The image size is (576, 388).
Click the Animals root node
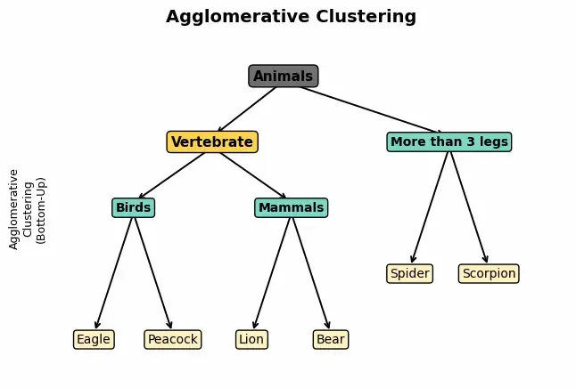pos(283,77)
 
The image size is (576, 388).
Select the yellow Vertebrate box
pos(212,142)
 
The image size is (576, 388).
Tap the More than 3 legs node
pos(449,142)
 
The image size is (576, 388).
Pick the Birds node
pos(134,208)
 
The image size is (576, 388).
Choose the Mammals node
pos(291,208)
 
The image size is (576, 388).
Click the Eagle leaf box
pos(94,340)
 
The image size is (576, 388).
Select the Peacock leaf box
pos(172,340)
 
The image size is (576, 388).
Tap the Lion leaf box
pos(251,340)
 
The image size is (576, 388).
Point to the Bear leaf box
pos(330,340)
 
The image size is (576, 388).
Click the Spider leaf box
pos(409,274)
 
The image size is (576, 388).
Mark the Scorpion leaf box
pos(489,274)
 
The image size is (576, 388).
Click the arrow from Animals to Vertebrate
pos(247,109)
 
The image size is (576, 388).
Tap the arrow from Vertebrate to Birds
pos(172,175)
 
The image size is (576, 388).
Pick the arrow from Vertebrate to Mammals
pos(252,175)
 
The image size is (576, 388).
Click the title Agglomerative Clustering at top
pos(291,17)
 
